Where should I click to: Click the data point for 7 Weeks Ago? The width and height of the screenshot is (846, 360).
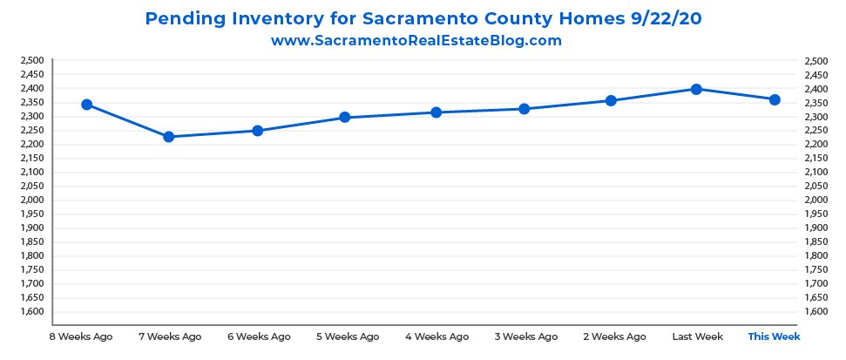169,137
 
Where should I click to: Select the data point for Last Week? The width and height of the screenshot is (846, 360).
696,89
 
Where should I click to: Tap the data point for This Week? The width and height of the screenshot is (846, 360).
774,99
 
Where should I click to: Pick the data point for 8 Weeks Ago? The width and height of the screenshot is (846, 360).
86,105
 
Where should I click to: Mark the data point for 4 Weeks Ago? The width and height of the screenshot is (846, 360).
436,112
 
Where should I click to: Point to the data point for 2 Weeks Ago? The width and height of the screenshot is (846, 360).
611,101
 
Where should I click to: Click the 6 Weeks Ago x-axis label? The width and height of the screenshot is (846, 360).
258,336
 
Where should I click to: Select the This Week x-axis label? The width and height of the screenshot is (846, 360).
774,336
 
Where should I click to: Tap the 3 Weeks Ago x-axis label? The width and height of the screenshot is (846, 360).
525,336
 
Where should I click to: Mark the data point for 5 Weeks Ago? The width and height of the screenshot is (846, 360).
346,117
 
